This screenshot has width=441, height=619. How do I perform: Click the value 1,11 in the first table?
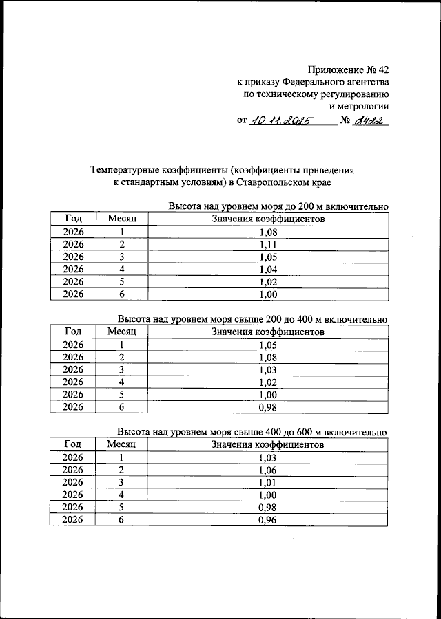[268, 245]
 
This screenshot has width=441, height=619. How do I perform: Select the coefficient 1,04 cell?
[268, 270]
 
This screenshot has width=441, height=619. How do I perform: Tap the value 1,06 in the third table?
[268, 470]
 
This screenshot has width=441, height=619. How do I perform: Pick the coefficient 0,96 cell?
[268, 520]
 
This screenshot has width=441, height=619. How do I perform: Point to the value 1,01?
[268, 483]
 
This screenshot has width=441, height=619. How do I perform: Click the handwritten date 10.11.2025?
[280, 121]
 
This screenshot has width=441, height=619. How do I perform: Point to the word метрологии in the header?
[360, 107]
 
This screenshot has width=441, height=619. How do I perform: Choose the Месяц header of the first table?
[122, 219]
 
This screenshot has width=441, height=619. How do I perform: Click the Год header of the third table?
[73, 445]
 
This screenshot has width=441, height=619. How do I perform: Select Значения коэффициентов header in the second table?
[268, 332]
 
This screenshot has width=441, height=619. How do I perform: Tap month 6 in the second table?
[122, 407]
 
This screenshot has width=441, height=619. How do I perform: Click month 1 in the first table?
[122, 232]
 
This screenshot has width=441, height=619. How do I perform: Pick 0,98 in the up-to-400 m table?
[268, 407]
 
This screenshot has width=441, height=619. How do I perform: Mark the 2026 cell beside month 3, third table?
[73, 483]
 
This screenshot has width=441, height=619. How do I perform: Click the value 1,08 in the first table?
[268, 232]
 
